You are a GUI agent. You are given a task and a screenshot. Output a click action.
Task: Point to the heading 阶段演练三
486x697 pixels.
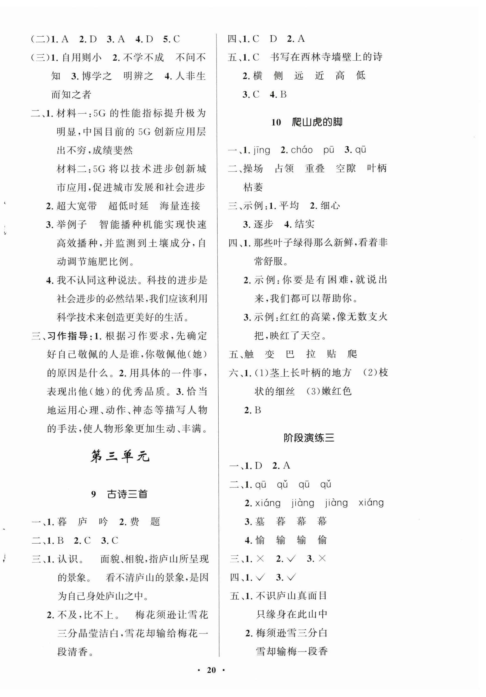pyautogui.click(x=309, y=438)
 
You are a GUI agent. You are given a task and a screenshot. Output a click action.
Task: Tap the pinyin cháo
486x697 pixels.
pyautogui.click(x=302, y=150)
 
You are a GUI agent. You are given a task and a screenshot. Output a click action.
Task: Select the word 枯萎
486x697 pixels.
pyautogui.click(x=253, y=187)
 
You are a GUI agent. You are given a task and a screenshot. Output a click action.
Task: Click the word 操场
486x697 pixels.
pyautogui.click(x=253, y=169)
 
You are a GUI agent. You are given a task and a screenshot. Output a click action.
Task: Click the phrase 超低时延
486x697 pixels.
pyautogui.click(x=128, y=206)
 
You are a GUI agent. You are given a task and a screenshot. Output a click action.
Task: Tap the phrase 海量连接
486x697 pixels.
pyautogui.click(x=180, y=206)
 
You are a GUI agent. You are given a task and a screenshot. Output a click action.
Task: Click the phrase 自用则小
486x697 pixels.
pyautogui.click(x=82, y=57)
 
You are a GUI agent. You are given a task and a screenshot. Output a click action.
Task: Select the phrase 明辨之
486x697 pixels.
pyautogui.click(x=138, y=76)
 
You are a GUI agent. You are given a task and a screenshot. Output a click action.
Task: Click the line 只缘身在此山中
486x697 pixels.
pyautogui.click(x=292, y=614)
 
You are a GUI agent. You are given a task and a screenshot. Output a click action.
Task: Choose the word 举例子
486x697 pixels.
pyautogui.click(x=72, y=225)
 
